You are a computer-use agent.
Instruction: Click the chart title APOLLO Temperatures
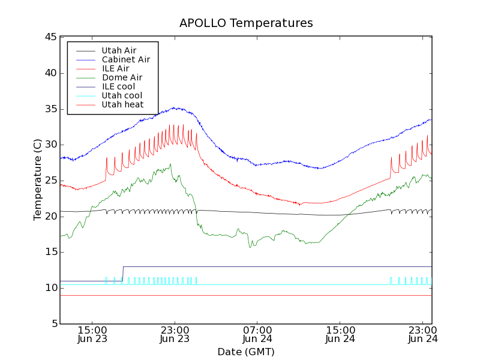tap(246, 23)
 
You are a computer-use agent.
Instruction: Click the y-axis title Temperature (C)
tap(38, 179)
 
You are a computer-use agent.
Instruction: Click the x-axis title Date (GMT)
tap(246, 352)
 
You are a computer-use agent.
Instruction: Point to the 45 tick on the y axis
tap(50, 37)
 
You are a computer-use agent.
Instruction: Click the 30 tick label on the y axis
tap(50, 145)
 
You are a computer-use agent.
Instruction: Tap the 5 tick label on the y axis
tap(53, 324)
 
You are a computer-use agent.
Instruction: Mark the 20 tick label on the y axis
tap(50, 216)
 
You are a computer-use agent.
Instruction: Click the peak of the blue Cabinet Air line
tap(174, 108)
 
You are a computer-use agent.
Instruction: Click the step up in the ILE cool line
tap(123, 274)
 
